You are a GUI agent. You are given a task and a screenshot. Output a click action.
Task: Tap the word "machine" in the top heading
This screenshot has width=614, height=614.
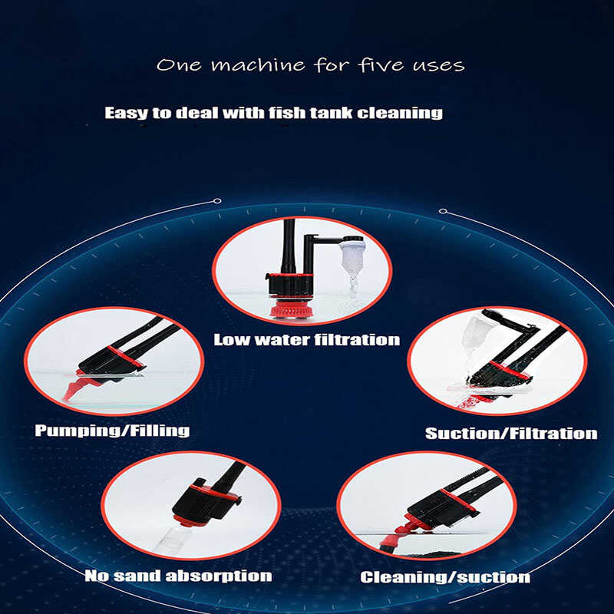point(258,65)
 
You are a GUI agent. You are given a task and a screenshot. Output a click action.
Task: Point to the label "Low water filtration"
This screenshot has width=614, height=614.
point(306,340)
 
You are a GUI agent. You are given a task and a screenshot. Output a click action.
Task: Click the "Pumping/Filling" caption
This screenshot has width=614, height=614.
point(112,431)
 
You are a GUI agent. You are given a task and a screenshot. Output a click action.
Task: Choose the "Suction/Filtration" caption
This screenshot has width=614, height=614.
point(511,434)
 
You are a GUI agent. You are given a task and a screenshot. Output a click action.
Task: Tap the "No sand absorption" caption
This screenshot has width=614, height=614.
point(178,576)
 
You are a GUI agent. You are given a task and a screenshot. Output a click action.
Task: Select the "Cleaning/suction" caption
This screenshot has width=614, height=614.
point(445,577)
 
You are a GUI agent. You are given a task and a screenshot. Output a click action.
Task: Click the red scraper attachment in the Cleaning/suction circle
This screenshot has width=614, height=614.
point(408,529)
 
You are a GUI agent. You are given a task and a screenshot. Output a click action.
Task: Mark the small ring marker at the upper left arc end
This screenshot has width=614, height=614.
point(217,201)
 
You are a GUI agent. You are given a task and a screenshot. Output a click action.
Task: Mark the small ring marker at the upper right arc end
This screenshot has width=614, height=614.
point(443,212)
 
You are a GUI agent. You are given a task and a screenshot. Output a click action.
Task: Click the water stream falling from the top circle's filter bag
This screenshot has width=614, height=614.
point(353,286)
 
